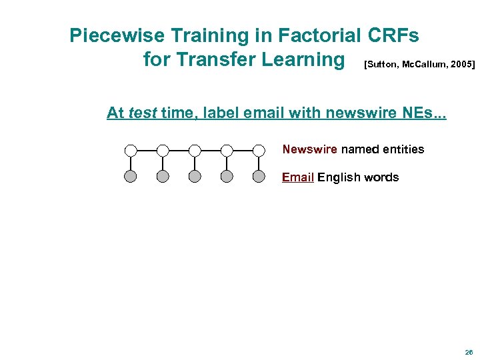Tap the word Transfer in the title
215,59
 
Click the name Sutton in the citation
381,65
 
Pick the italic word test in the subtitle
142,113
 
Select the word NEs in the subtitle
421,113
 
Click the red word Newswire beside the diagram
310,149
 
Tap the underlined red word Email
298,177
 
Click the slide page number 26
469,352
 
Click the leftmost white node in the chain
131,150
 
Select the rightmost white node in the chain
259,150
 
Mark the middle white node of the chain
195,150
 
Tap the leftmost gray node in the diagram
131,177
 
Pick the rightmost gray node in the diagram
259,177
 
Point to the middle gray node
195,177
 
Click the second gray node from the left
163,177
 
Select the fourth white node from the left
227,150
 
